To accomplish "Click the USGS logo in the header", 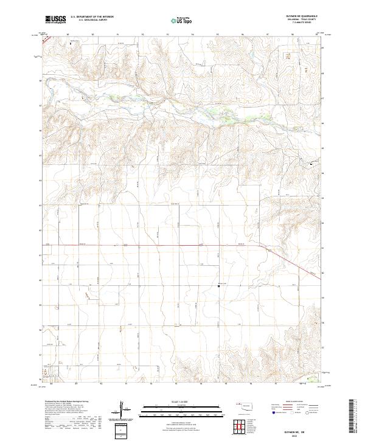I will [55, 19].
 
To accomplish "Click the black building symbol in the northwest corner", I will [70, 43].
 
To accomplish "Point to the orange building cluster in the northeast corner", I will [288, 55].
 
